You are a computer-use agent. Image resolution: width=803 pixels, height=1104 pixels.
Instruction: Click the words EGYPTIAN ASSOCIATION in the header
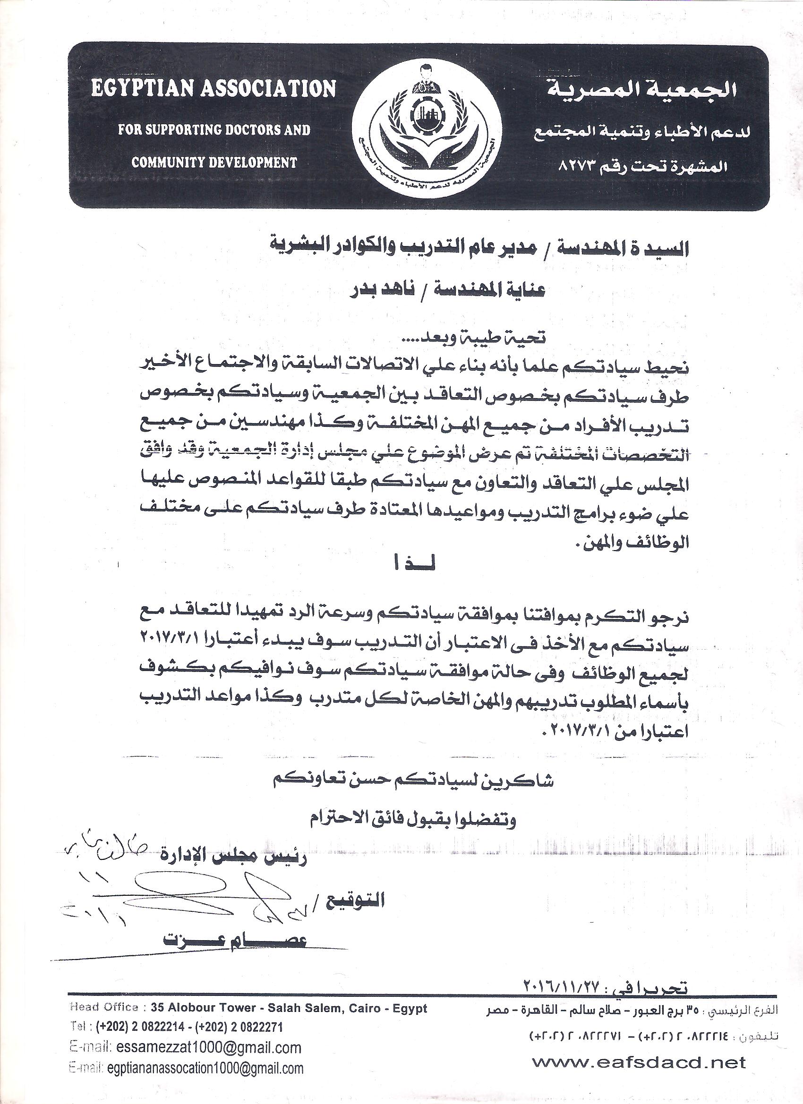coord(214,89)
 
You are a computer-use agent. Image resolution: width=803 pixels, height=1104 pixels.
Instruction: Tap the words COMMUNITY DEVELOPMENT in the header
coord(214,162)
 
